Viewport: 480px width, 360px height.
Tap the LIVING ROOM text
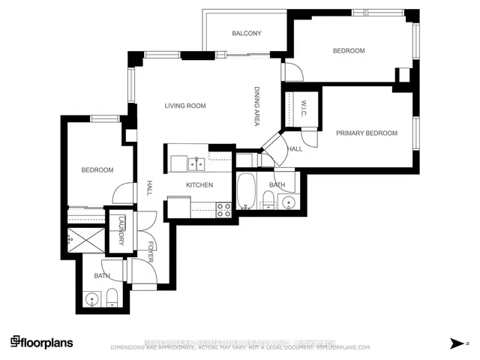click(x=185, y=106)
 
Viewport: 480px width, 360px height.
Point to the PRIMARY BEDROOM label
click(x=366, y=133)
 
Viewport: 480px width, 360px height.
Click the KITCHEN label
click(x=200, y=184)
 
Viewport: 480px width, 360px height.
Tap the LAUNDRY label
click(x=119, y=232)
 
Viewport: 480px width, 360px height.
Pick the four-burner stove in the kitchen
click(x=223, y=209)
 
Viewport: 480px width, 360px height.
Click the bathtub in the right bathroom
click(x=246, y=192)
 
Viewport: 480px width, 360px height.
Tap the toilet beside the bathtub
click(x=267, y=200)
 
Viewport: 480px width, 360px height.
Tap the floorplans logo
click(x=42, y=341)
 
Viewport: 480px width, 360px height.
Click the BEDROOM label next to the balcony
click(x=349, y=51)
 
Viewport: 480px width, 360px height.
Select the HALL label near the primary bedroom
click(x=295, y=148)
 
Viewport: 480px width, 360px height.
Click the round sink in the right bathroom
click(x=287, y=202)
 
